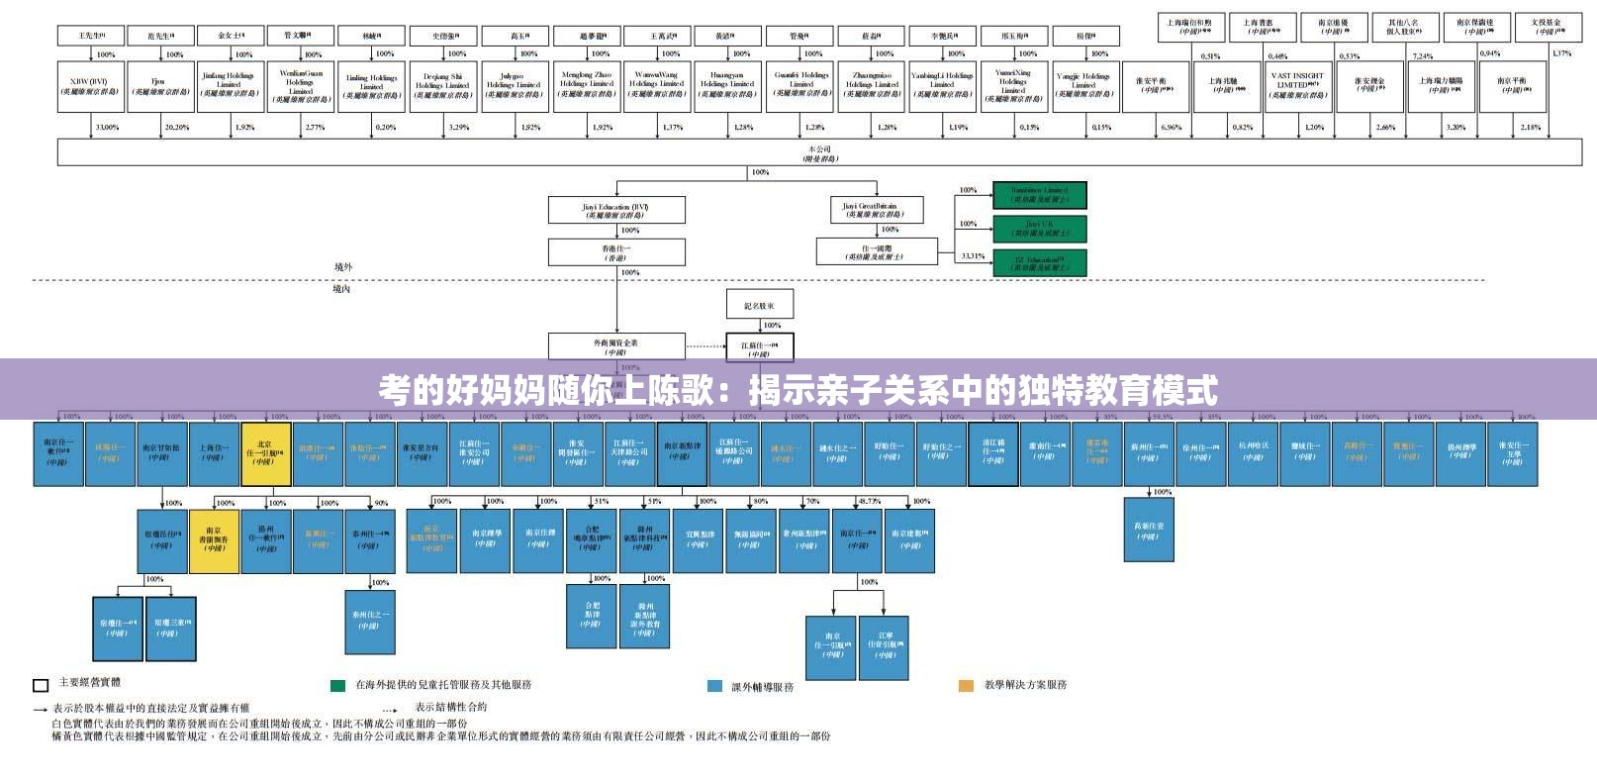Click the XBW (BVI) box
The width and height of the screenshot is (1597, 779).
point(89,85)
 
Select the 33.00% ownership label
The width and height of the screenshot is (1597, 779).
point(106,128)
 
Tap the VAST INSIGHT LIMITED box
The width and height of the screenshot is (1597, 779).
point(1297,85)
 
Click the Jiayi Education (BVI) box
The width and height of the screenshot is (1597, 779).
point(616,211)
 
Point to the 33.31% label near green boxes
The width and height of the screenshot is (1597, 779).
point(972,255)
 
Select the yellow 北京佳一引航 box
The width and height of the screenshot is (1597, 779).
point(265,453)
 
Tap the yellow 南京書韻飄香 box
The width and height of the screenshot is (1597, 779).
point(215,540)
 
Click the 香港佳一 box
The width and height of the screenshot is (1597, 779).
point(616,252)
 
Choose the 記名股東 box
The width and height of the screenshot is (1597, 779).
point(759,305)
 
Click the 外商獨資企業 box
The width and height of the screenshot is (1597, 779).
point(616,346)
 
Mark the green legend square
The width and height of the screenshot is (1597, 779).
point(338,685)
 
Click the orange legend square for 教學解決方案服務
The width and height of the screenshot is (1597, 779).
point(966,685)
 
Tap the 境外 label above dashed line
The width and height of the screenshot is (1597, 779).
point(342,266)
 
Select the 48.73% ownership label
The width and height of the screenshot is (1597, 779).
point(870,502)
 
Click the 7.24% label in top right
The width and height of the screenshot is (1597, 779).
point(1422,55)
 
